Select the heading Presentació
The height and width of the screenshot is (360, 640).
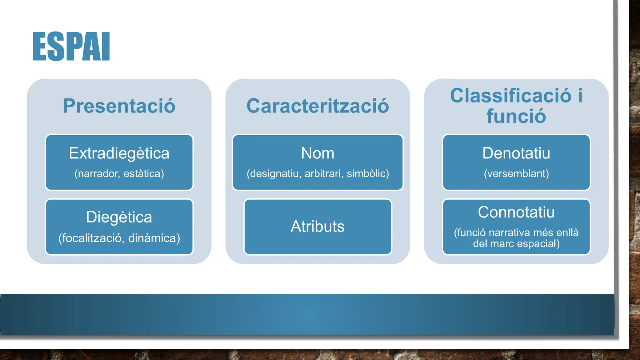click(x=119, y=106)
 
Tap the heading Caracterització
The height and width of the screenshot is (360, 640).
click(x=317, y=106)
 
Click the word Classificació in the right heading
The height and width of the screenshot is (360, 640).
click(x=510, y=96)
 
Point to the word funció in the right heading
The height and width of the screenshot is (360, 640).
click(x=516, y=116)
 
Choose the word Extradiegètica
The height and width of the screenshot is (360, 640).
click(x=119, y=153)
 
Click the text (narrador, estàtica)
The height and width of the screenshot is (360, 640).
click(x=119, y=173)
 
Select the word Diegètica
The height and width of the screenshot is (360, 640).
click(x=119, y=217)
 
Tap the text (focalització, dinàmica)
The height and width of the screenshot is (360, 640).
click(x=119, y=238)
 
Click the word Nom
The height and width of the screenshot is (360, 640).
click(x=317, y=153)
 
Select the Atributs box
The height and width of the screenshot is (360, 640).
click(x=317, y=227)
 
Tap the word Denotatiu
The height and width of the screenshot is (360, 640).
click(x=516, y=153)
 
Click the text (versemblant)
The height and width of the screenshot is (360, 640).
click(x=516, y=173)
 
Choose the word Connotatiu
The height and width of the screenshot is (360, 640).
click(x=516, y=212)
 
